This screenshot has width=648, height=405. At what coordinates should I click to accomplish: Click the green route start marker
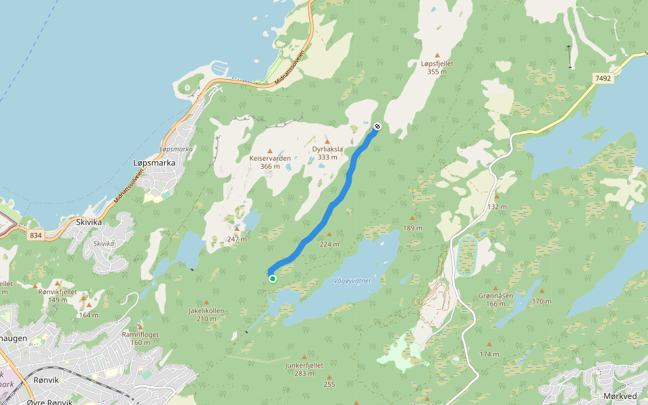click(272, 278)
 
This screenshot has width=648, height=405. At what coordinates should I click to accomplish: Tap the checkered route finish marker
click(377, 126)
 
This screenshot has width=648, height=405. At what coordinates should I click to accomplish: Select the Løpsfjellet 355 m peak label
click(437, 67)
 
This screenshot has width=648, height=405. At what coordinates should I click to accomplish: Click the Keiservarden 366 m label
click(270, 162)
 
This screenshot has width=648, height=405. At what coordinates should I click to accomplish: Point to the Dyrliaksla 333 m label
click(327, 153)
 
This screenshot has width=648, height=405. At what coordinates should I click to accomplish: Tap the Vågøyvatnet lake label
click(352, 281)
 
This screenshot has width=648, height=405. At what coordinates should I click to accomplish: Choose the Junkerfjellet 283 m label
click(304, 369)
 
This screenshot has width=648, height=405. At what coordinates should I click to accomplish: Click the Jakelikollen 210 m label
click(206, 315)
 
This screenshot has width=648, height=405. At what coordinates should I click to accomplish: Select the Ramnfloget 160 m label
click(140, 337)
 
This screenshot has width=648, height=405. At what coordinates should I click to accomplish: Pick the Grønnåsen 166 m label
click(495, 299)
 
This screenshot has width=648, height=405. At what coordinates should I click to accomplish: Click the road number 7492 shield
click(603, 79)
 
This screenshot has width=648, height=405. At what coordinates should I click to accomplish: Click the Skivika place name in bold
click(89, 221)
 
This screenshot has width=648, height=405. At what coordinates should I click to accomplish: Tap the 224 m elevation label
click(329, 244)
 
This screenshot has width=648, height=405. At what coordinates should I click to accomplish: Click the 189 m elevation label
click(412, 227)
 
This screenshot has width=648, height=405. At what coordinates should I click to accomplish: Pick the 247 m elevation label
click(237, 239)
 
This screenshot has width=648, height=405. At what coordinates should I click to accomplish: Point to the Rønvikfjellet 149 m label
click(58, 295)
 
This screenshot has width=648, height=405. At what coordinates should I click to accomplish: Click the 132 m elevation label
click(497, 207)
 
